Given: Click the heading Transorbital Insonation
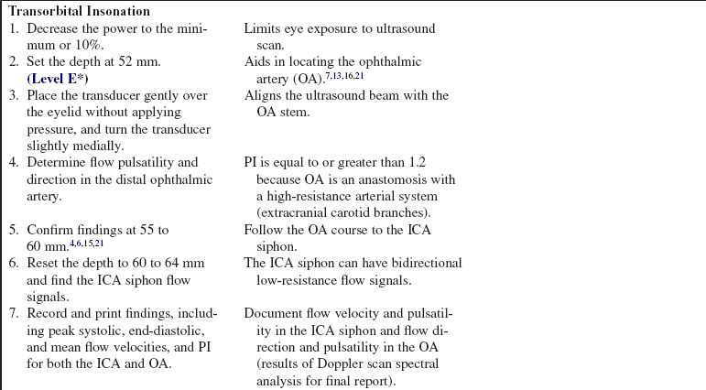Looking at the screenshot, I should click(80, 12).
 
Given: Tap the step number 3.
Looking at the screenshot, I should click(14, 96).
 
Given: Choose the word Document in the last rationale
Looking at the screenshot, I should click(274, 313).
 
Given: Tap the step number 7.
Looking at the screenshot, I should click(14, 313).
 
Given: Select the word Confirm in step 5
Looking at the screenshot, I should click(52, 230).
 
